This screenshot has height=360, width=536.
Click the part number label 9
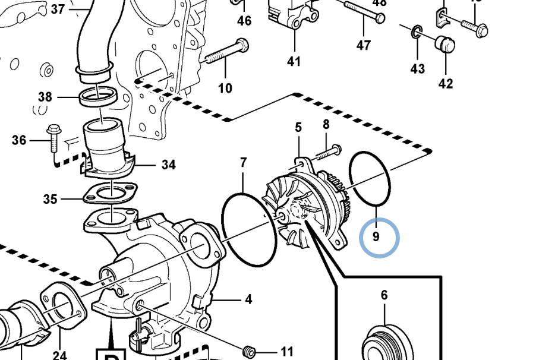tap(376, 237)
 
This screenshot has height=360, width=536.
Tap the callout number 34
tap(169, 165)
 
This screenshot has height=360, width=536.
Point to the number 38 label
tap(45, 97)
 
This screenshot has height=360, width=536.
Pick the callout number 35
tap(50, 198)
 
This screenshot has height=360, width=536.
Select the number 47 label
tap(364, 45)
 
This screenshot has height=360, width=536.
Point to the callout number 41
tap(294, 61)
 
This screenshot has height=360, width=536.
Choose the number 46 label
tap(244, 21)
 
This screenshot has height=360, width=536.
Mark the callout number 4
tap(248, 299)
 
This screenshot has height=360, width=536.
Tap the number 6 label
tap(384, 295)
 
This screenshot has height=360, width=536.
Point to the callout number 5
tap(298, 127)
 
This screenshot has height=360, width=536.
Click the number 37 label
tap(58, 9)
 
